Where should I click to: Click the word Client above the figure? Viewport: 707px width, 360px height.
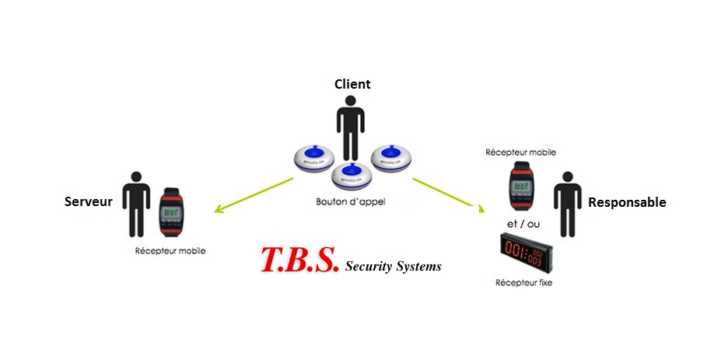tap(352, 84)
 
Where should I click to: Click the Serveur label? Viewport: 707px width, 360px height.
tap(89, 202)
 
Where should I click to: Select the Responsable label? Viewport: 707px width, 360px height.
tap(627, 202)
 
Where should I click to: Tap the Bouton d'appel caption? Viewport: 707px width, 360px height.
tap(350, 201)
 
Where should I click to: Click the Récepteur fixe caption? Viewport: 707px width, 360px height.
tap(523, 282)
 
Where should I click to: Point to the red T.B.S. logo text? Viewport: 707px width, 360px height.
tap(299, 260)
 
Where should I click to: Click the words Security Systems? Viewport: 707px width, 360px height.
tap(393, 266)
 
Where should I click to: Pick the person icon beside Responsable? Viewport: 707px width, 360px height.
tap(567, 204)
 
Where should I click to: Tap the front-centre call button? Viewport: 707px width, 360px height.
tap(352, 175)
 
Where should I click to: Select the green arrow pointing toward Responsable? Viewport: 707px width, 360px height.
tap(445, 194)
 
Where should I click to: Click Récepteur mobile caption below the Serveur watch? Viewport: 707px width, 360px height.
tap(170, 250)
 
